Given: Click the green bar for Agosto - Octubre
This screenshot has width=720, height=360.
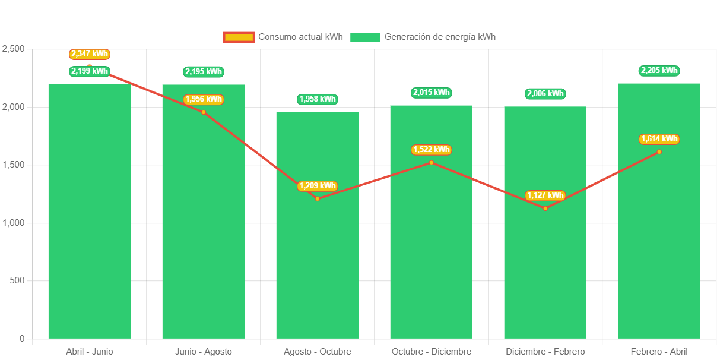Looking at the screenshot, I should coord(317,238).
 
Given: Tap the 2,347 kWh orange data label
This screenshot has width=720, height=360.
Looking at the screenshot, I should coord(90,54).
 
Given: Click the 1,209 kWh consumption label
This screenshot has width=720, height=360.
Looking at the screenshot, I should coord(317,186).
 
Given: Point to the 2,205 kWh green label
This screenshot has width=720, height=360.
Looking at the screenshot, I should coord(659,71).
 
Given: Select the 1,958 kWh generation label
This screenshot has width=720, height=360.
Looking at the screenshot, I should coord(317,99).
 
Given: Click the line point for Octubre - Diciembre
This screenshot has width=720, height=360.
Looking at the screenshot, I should coord(431,162).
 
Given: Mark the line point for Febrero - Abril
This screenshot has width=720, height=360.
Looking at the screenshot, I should coord(659,151).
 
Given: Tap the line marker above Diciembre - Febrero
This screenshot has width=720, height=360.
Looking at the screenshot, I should coord(545,208).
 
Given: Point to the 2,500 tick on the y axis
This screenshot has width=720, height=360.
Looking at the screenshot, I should coord(14,48).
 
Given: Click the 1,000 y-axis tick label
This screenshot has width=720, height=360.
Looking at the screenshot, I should coord(14,222).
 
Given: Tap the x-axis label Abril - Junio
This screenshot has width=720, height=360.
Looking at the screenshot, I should coord(90,352).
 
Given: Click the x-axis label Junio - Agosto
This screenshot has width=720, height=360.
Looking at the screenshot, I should coord(203,352).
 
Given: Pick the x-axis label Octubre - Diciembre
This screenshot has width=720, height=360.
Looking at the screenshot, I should coord(431,352).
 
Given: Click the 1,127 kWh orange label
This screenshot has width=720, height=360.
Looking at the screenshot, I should coord(545,195).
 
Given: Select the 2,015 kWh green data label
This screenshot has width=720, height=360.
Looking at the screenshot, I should coord(431,92).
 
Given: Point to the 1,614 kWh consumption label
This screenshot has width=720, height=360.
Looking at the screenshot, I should coord(659,139).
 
